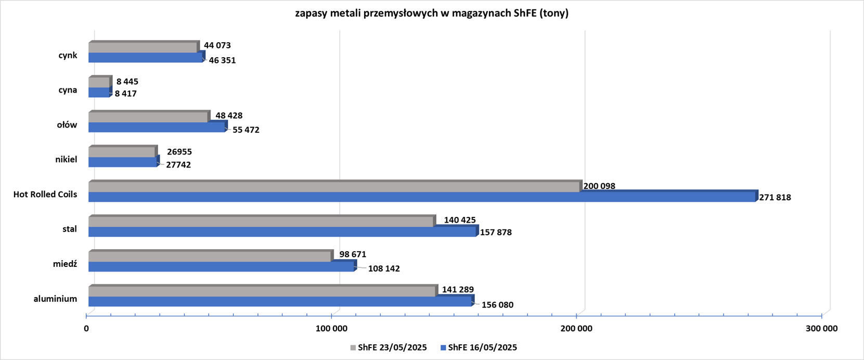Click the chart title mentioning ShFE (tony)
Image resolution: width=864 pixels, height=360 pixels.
(432, 14)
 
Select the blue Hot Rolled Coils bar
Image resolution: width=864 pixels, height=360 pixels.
(421, 197)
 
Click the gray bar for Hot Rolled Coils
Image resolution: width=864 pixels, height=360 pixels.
(334, 187)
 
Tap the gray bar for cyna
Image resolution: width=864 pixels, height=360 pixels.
(99, 82)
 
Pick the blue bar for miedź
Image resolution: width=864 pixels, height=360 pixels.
(221, 267)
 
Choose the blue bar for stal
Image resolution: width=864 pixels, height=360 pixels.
(282, 232)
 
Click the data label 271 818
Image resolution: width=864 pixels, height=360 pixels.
(775, 198)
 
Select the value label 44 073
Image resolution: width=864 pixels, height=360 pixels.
(217, 46)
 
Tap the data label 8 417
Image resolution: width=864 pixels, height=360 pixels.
(126, 94)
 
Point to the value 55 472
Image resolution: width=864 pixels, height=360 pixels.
(246, 130)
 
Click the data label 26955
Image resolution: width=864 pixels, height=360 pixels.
(179, 152)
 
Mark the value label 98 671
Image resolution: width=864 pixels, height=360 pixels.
(353, 255)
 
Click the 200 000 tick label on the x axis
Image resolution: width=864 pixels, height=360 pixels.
(577, 329)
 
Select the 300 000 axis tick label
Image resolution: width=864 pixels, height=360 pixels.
(821, 329)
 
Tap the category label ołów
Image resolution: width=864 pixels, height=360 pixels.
(67, 125)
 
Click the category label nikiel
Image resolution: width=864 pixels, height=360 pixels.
(66, 160)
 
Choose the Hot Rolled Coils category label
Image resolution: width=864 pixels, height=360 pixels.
(45, 195)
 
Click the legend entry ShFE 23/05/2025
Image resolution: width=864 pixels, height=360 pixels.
(389, 348)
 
